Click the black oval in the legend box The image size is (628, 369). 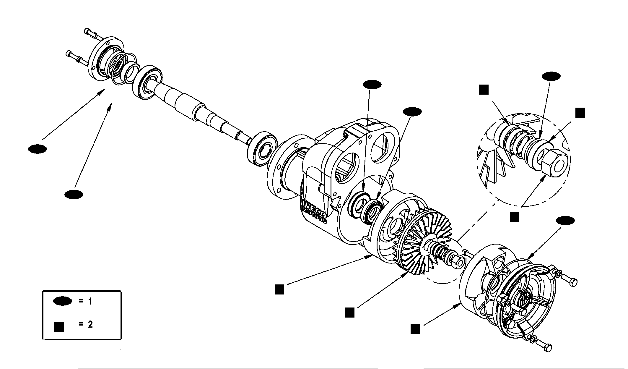(x=62, y=301)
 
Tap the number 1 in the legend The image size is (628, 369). (x=90, y=302)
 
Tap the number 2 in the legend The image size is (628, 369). (x=90, y=324)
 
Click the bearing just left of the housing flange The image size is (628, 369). (x=261, y=150)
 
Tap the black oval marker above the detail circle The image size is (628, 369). (x=551, y=76)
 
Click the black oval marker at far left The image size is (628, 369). (x=38, y=149)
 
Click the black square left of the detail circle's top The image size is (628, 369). (x=484, y=90)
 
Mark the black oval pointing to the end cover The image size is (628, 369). (x=565, y=221)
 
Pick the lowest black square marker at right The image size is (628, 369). (x=415, y=329)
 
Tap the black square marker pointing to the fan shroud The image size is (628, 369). (x=279, y=289)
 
